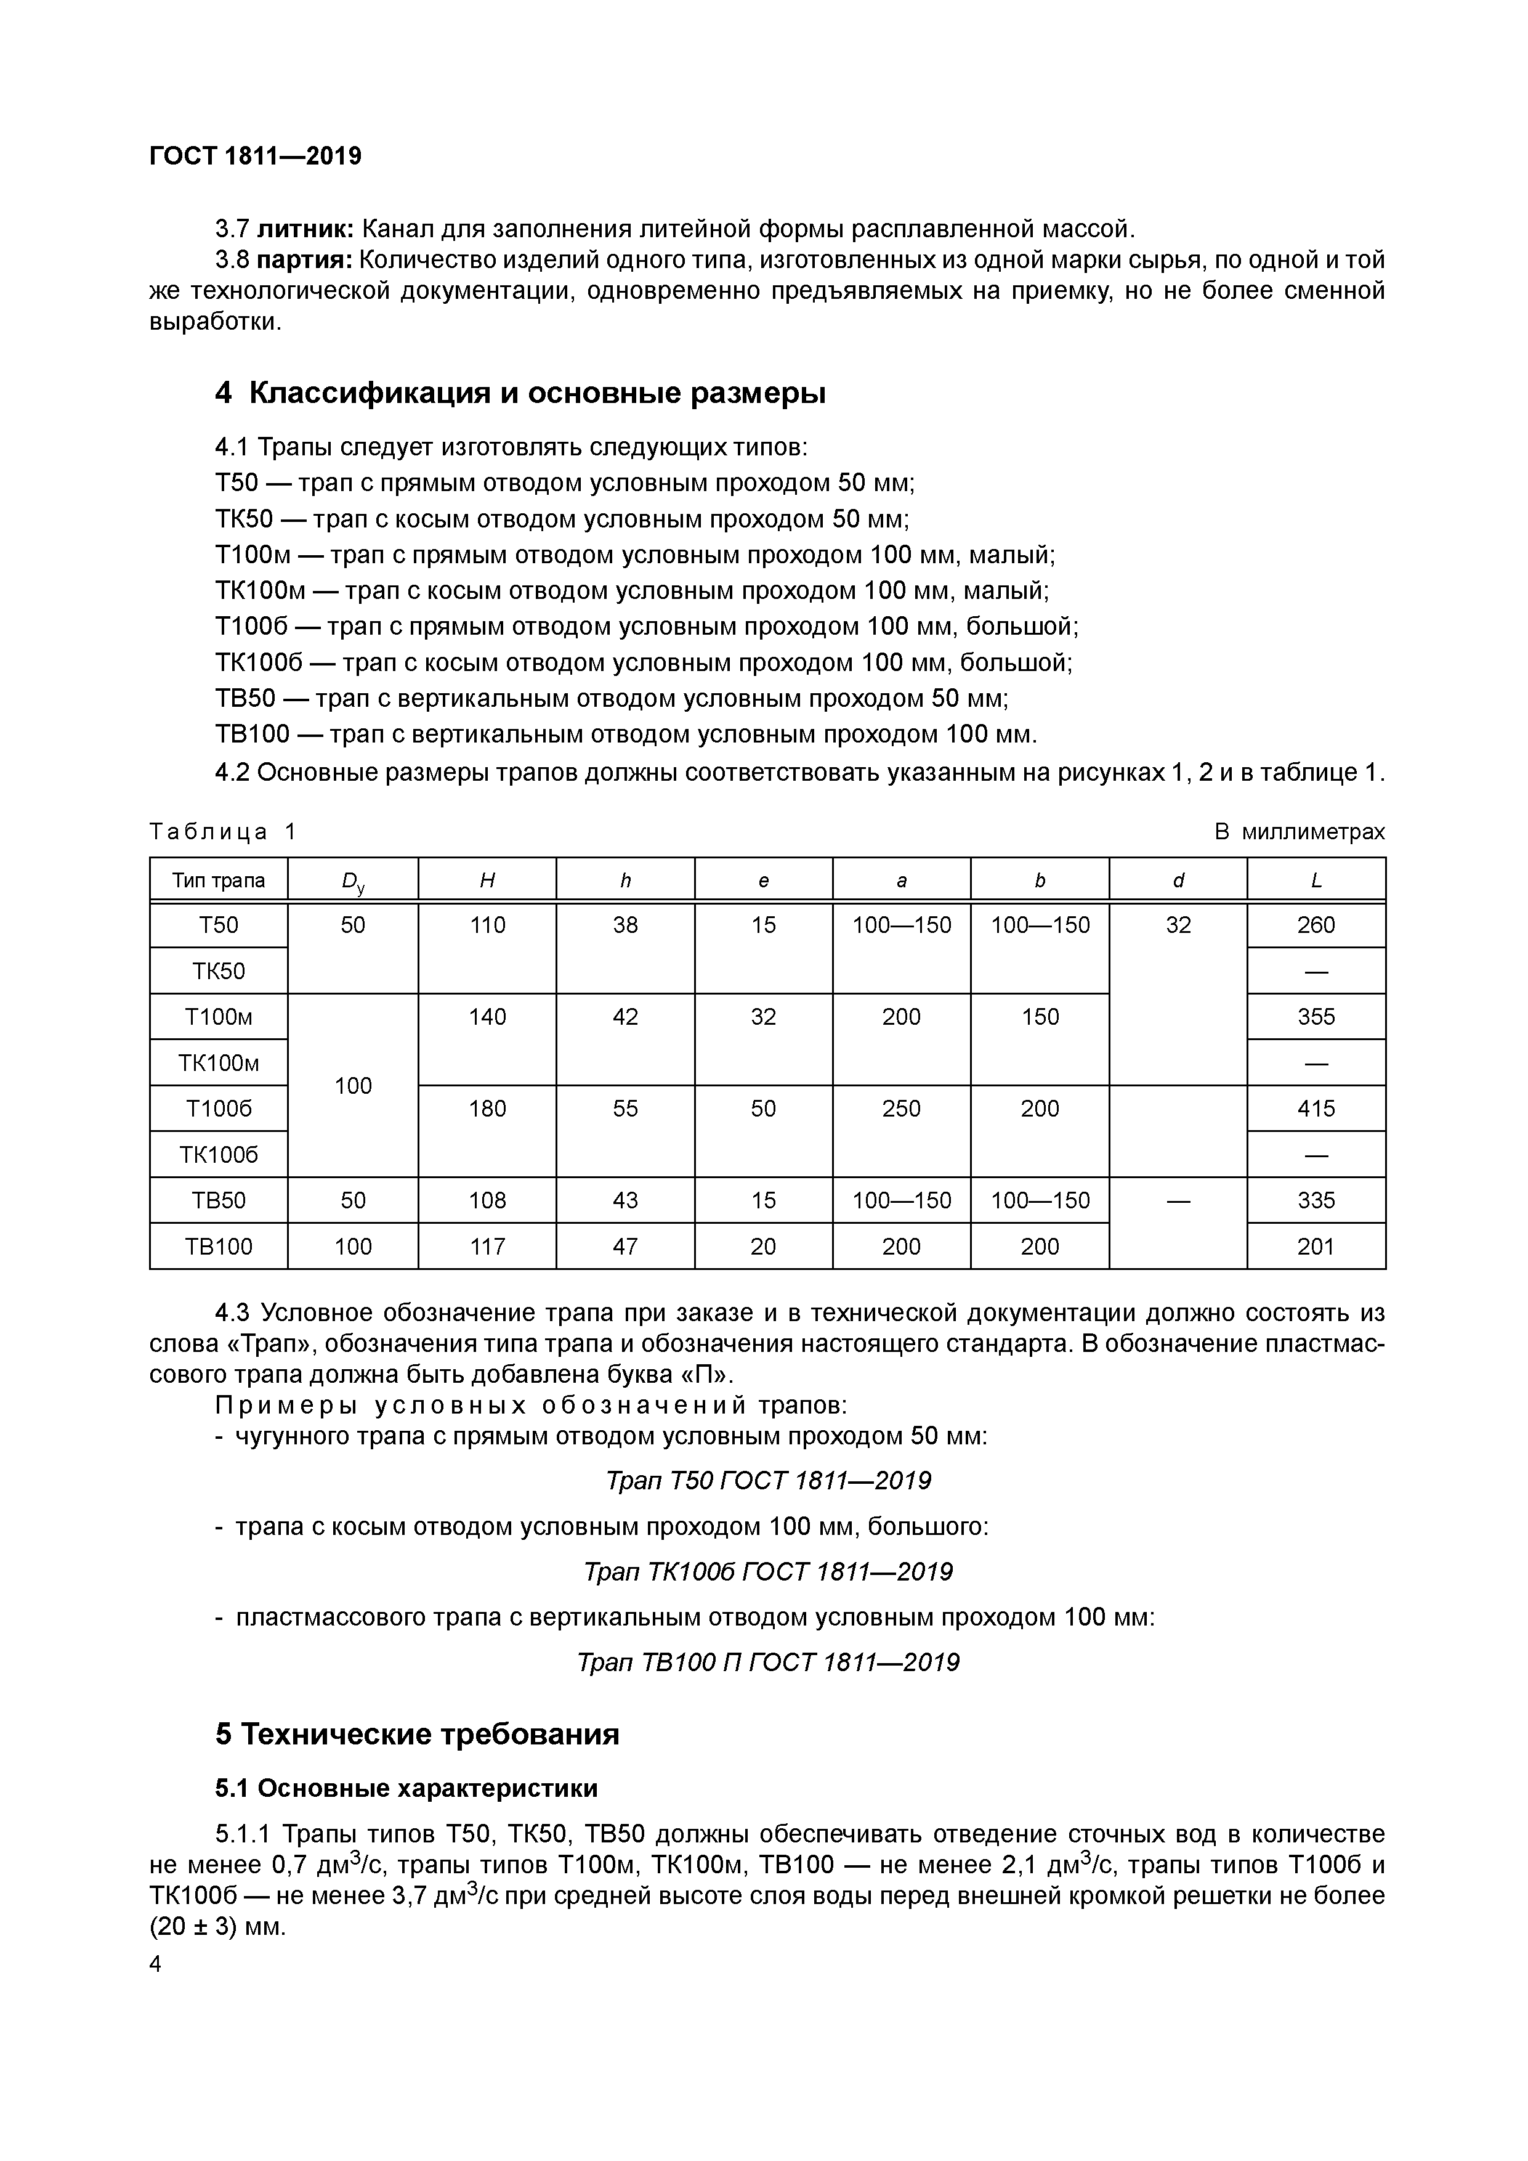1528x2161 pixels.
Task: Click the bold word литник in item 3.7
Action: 304,229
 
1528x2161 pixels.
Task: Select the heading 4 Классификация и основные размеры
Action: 520,393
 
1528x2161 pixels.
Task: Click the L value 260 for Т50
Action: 1316,925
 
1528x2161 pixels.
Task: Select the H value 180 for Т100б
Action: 487,1109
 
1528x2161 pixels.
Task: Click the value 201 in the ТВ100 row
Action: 1316,1246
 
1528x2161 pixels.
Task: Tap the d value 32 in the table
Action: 1178,925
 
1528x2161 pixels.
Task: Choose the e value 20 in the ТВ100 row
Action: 763,1246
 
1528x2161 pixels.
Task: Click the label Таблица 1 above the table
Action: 223,832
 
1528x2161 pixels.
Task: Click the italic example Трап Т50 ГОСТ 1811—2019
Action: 768,1481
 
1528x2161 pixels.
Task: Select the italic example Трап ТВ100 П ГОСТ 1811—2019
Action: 768,1662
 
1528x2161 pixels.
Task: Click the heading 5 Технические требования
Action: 417,1734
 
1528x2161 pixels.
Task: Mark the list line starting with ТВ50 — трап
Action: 612,698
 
